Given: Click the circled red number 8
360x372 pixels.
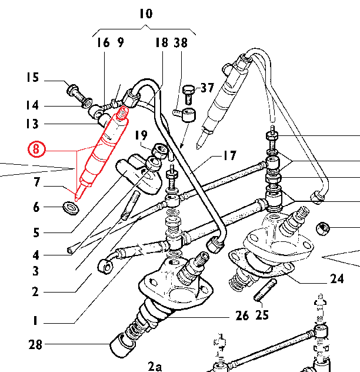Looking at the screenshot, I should [36, 150].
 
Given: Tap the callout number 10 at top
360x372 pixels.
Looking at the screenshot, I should [145, 13].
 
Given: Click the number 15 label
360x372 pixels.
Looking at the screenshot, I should [32, 77].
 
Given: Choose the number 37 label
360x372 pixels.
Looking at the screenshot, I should [206, 88].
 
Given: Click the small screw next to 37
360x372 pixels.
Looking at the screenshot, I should [189, 90].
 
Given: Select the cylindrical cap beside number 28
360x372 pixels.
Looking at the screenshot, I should [121, 345].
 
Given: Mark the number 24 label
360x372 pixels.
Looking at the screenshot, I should [336, 279].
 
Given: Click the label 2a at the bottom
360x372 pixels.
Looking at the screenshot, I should [155, 366].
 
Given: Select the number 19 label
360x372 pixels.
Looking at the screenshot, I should [139, 136].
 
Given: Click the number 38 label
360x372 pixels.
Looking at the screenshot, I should [181, 42].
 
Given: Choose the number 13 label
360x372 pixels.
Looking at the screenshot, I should [32, 124].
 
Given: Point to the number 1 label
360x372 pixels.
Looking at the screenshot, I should [35, 321].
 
